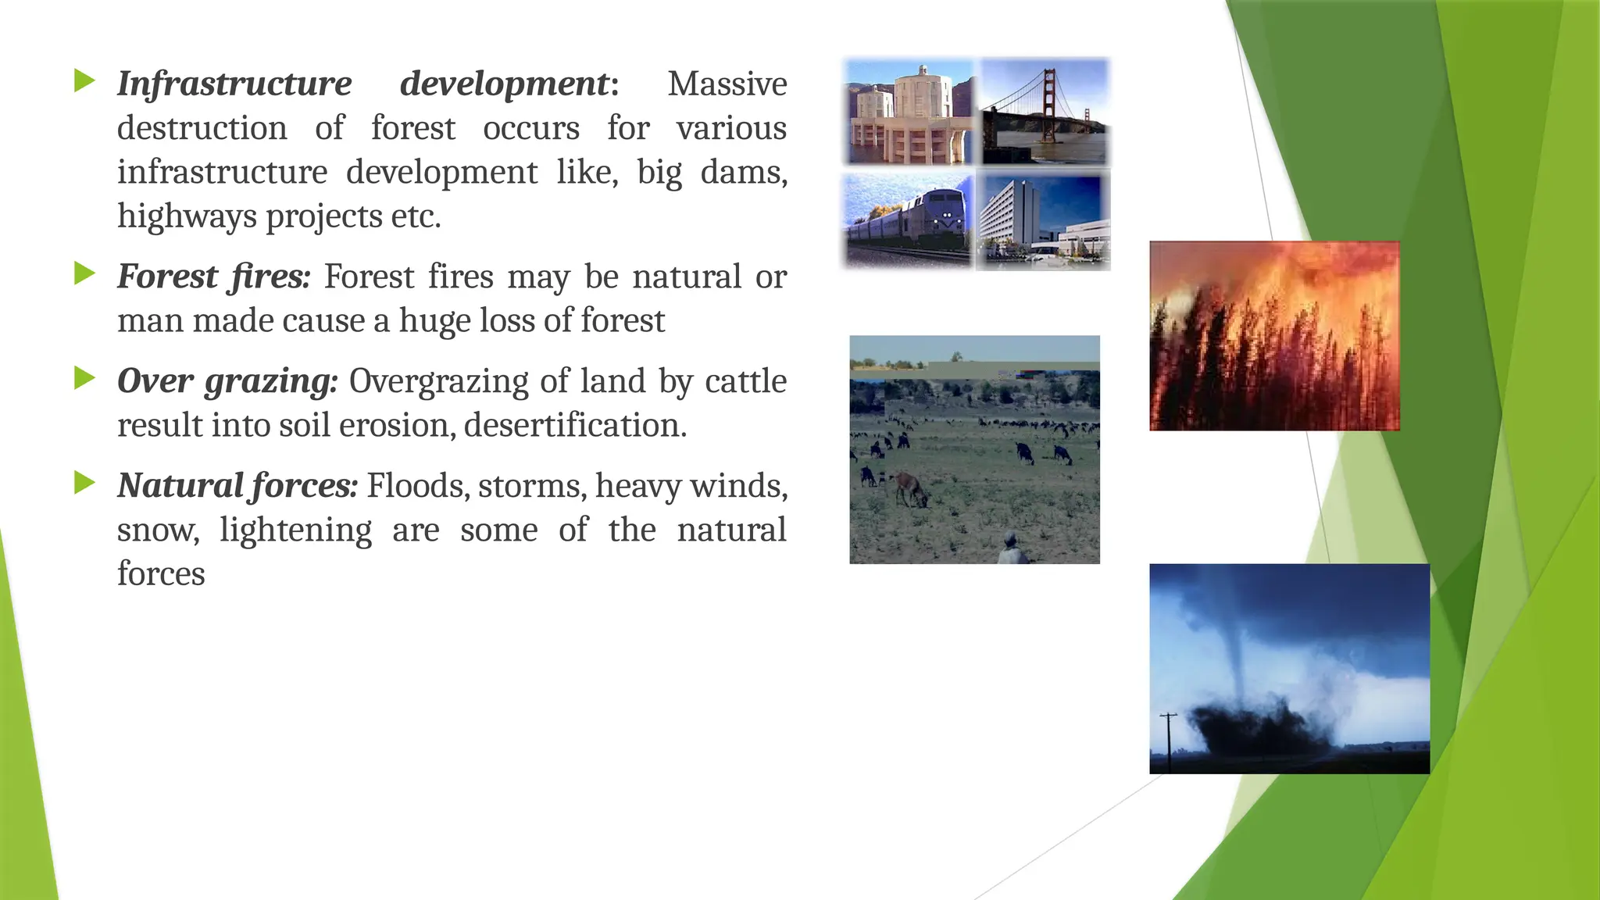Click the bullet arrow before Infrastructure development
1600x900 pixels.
[84, 80]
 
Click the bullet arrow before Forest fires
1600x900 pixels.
[84, 273]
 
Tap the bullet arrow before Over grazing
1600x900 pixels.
[84, 378]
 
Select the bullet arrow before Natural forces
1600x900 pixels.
[84, 483]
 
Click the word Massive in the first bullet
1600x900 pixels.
[727, 84]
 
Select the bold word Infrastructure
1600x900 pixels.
[234, 84]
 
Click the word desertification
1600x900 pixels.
[574, 426]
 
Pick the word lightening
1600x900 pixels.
[295, 530]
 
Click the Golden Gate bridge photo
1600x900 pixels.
[1045, 111]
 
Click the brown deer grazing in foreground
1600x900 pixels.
[910, 489]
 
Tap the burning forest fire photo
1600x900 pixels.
[1273, 336]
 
